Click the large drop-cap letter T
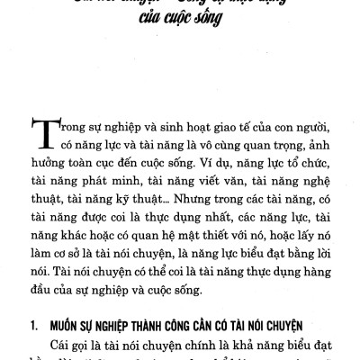[x=44, y=135]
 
